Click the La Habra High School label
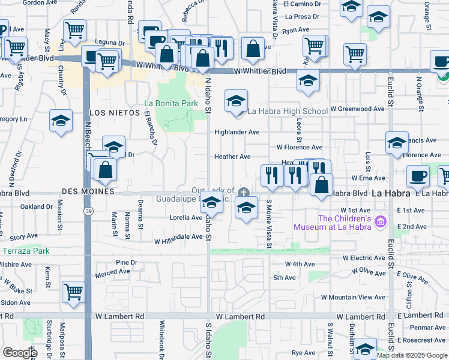288,111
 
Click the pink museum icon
379,223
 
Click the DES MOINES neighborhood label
88,191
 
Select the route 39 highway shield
88,211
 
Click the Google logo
20,353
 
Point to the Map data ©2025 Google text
412,355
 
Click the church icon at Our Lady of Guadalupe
243,193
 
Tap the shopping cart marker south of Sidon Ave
73,291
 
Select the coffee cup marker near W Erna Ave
417,176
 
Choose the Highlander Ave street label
237,132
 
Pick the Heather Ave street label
232,157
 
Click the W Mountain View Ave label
353,298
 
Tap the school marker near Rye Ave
364,349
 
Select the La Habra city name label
391,194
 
